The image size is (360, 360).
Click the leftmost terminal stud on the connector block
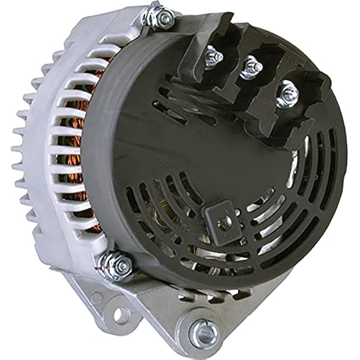(214, 55)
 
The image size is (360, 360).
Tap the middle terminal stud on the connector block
(250, 67)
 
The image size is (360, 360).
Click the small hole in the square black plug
(224, 222)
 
